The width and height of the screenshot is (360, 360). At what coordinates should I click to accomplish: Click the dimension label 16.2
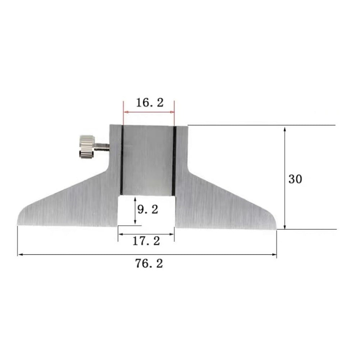pyautogui.click(x=149, y=103)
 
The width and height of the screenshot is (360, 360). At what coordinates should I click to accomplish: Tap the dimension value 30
pyautogui.click(x=295, y=179)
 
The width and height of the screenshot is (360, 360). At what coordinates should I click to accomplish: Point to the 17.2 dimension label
pyautogui.click(x=146, y=241)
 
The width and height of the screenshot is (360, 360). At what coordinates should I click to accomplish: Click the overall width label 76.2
pyautogui.click(x=149, y=264)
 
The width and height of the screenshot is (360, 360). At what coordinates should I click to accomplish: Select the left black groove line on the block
pyautogui.click(x=122, y=160)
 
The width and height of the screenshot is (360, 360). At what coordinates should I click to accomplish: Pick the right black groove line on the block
pyautogui.click(x=174, y=160)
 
